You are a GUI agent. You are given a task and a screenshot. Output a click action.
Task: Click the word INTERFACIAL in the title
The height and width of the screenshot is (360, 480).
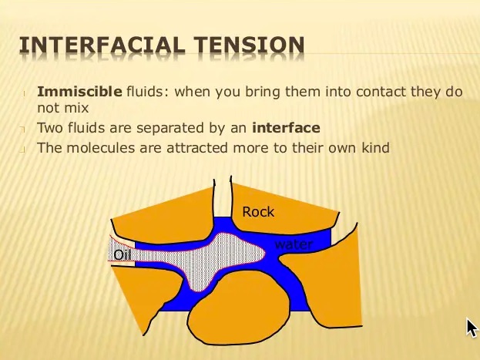tap(102, 45)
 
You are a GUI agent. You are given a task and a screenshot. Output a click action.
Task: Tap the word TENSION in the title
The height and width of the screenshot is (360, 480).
tap(250, 45)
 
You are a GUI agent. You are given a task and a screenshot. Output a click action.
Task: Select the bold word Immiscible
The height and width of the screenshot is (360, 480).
tap(79, 92)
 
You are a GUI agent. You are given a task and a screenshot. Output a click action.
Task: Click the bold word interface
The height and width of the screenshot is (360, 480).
tap(286, 128)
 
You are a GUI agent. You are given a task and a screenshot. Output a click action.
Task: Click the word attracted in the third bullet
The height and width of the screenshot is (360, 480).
tap(197, 148)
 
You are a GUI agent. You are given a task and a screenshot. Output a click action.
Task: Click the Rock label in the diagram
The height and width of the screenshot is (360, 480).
tap(258, 212)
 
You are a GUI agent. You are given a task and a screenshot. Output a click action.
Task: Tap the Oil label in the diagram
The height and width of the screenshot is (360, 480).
tap(123, 255)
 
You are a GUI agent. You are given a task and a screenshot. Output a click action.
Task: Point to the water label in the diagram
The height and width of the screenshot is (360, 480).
tap(294, 244)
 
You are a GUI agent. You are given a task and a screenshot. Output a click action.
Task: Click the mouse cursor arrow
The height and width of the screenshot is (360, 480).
tap(472, 328)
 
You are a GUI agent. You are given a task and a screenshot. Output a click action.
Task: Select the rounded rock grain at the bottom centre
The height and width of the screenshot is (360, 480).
tap(239, 309)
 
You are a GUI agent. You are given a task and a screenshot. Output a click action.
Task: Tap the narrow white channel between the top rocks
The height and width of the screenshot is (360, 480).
tap(222, 198)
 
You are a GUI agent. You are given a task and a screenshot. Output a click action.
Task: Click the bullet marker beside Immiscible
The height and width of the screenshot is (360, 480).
tap(24, 93)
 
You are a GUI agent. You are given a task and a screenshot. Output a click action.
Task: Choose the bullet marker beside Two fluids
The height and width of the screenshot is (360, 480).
tap(22, 130)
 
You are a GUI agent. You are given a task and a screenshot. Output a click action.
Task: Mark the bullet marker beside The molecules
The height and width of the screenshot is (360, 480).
tap(22, 150)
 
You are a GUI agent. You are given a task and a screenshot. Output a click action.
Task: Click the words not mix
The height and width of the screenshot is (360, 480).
tap(62, 108)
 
